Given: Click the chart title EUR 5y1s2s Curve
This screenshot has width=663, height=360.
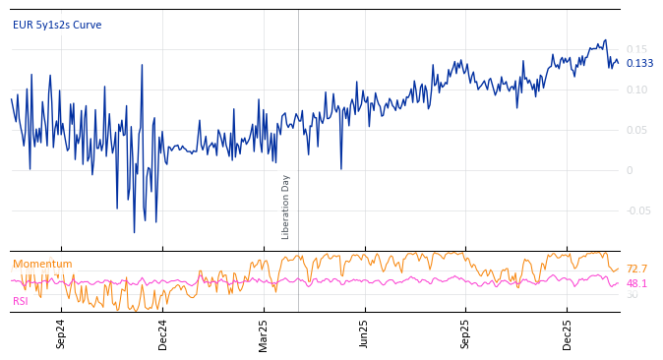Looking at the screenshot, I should coord(57,25).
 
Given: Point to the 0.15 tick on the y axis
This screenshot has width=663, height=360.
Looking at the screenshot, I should coord(637,49).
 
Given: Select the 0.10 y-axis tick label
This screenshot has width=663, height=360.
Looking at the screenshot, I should coord(637,90).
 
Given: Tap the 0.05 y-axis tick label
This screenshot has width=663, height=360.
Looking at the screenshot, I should coord(637,130).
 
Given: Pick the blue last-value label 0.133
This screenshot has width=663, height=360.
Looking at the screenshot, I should coord(639,63).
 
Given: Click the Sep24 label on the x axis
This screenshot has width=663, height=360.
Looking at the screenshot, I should coord(61,332).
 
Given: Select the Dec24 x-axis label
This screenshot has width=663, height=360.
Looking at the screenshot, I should coord(163,332).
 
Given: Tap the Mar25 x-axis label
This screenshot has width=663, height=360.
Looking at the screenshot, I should coord(264,332).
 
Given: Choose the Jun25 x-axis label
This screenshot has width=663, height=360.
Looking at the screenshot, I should coord(365,332).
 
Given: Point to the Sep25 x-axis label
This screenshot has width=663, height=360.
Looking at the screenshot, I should coord(466,332).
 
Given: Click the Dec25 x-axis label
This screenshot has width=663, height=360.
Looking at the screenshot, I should coord(568,332).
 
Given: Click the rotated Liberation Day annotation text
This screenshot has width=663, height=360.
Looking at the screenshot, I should coord(286,207).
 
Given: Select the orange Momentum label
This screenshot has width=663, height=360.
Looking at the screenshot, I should coord(42,264).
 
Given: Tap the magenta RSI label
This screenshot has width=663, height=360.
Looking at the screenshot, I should coord(21,301).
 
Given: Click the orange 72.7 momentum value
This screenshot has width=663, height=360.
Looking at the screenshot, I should coord(636,269).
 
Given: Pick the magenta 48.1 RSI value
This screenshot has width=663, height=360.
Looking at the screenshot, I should coord(636,283).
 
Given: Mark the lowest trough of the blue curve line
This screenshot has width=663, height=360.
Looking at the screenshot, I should coord(135,232).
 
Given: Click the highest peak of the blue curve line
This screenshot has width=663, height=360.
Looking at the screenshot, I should coord(606,40).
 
